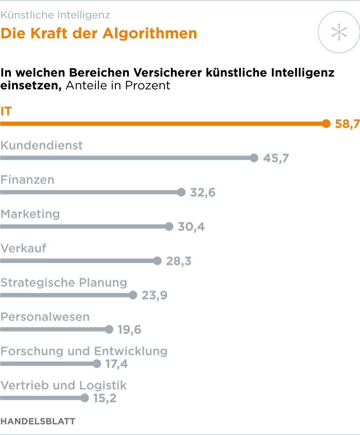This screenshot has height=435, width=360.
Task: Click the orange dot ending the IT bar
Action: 326,123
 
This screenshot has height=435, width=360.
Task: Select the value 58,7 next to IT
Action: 347,124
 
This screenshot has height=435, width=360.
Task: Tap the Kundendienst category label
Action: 42,146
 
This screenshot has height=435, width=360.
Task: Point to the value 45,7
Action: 276,158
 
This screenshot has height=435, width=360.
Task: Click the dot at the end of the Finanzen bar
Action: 182,192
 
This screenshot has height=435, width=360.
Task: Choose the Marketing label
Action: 30,214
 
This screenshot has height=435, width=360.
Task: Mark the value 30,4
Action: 191,227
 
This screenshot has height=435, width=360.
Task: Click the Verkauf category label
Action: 23,248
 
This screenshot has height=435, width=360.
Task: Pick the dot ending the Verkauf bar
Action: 157,261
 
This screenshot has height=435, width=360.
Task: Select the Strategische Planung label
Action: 64,283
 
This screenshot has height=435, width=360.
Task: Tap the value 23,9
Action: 154,295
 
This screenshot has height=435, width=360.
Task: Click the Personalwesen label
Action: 45,317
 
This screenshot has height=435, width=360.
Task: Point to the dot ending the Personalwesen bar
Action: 109,329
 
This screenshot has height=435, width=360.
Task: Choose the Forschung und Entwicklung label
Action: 84,351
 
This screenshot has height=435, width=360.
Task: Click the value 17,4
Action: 116,364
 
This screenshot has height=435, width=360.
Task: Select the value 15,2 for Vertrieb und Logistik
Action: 104,399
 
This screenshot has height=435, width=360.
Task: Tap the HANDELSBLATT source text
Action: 38,421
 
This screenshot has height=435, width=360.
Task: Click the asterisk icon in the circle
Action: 339,32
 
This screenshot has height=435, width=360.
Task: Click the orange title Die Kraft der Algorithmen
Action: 99,34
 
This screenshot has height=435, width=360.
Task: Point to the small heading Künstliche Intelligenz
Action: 55,15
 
